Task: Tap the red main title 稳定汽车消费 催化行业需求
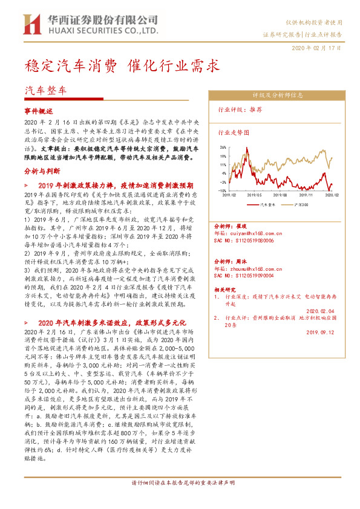122,65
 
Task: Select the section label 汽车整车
46,89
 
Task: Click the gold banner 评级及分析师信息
278,95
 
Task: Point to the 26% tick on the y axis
223,147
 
